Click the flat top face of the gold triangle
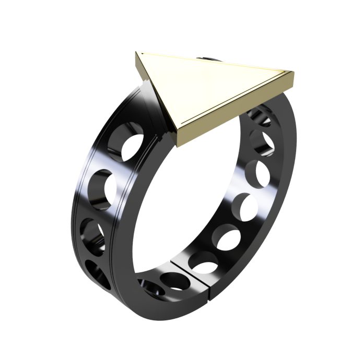(209, 89)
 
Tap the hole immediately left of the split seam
(172, 282)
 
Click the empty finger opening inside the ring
(178, 203)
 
